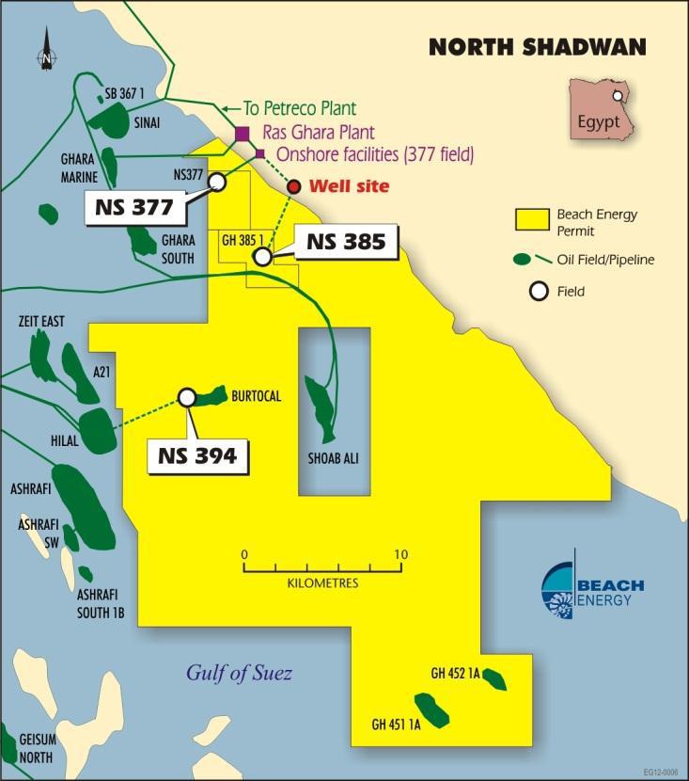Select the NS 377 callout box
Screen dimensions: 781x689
(136, 208)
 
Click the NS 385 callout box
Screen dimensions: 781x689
(345, 242)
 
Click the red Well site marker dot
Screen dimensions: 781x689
(294, 186)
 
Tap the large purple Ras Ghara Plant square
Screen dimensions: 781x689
(242, 134)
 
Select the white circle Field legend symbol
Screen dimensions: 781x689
(539, 291)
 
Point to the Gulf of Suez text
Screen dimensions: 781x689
(239, 673)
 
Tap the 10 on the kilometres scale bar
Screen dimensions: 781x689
(401, 554)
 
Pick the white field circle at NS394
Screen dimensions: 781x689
(187, 398)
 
